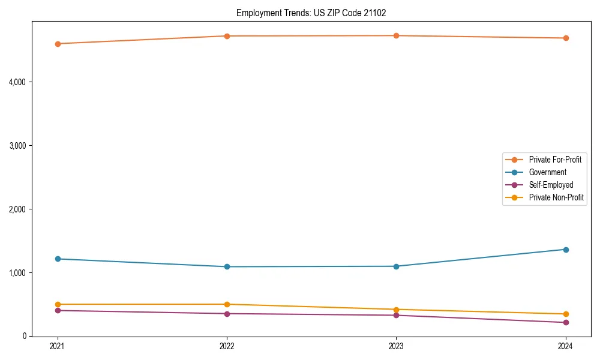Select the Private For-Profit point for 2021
[x=58, y=44]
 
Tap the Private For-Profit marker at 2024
[x=565, y=38]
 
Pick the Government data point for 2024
[x=565, y=250]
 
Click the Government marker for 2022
[x=227, y=266]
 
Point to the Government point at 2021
[x=58, y=259]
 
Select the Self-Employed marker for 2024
[x=565, y=322]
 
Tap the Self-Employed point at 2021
[x=58, y=310]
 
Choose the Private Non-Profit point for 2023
[x=396, y=310]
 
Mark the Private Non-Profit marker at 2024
[x=565, y=314]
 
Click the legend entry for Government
[x=547, y=172]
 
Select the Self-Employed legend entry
[x=551, y=185]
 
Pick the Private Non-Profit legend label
[x=556, y=197]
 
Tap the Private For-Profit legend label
[x=555, y=160]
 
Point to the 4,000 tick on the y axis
[x=20, y=82]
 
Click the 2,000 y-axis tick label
[x=20, y=209]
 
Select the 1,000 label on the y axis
[x=20, y=272]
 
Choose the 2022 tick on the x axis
[x=227, y=346]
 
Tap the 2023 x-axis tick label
[x=396, y=346]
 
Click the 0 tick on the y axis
[x=26, y=336]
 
